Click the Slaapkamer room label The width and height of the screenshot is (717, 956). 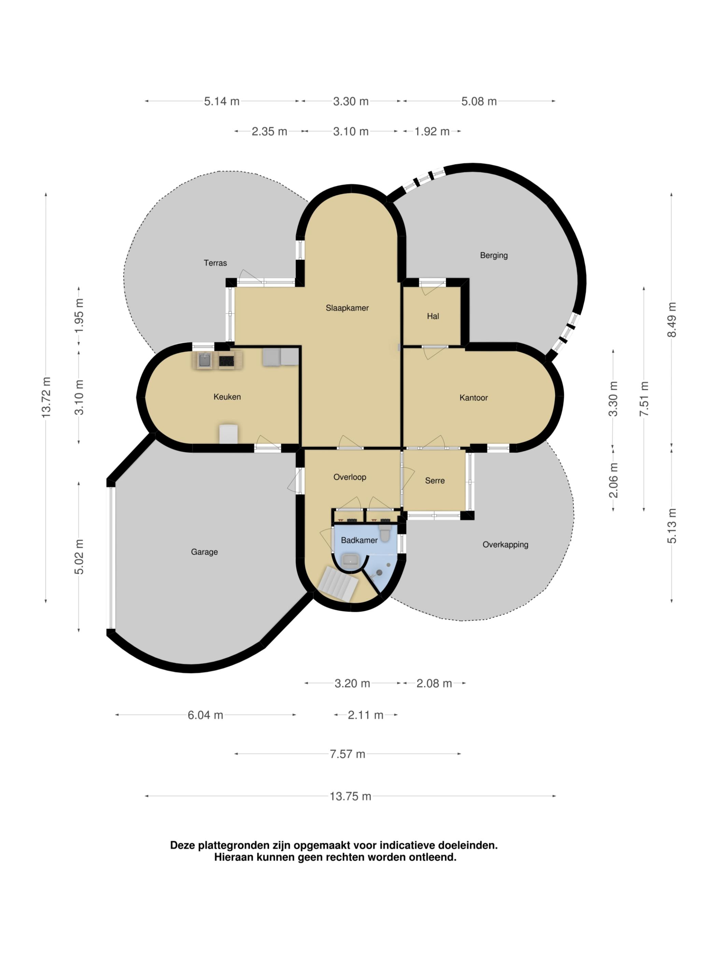click(x=347, y=308)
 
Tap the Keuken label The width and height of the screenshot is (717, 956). click(x=227, y=397)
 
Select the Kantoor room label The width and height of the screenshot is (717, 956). click(x=473, y=398)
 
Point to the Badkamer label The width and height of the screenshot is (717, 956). click(x=359, y=540)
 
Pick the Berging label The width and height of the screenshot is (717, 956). click(x=494, y=255)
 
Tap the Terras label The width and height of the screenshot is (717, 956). click(x=215, y=263)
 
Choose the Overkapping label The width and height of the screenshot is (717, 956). click(x=505, y=545)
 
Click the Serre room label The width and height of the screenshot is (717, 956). click(x=435, y=481)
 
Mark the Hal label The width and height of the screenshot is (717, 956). click(x=433, y=317)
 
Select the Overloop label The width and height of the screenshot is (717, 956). click(x=350, y=477)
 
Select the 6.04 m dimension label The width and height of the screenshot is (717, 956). click(x=205, y=715)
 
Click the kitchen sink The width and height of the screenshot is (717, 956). click(x=205, y=360)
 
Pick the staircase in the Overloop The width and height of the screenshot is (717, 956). click(x=338, y=584)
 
